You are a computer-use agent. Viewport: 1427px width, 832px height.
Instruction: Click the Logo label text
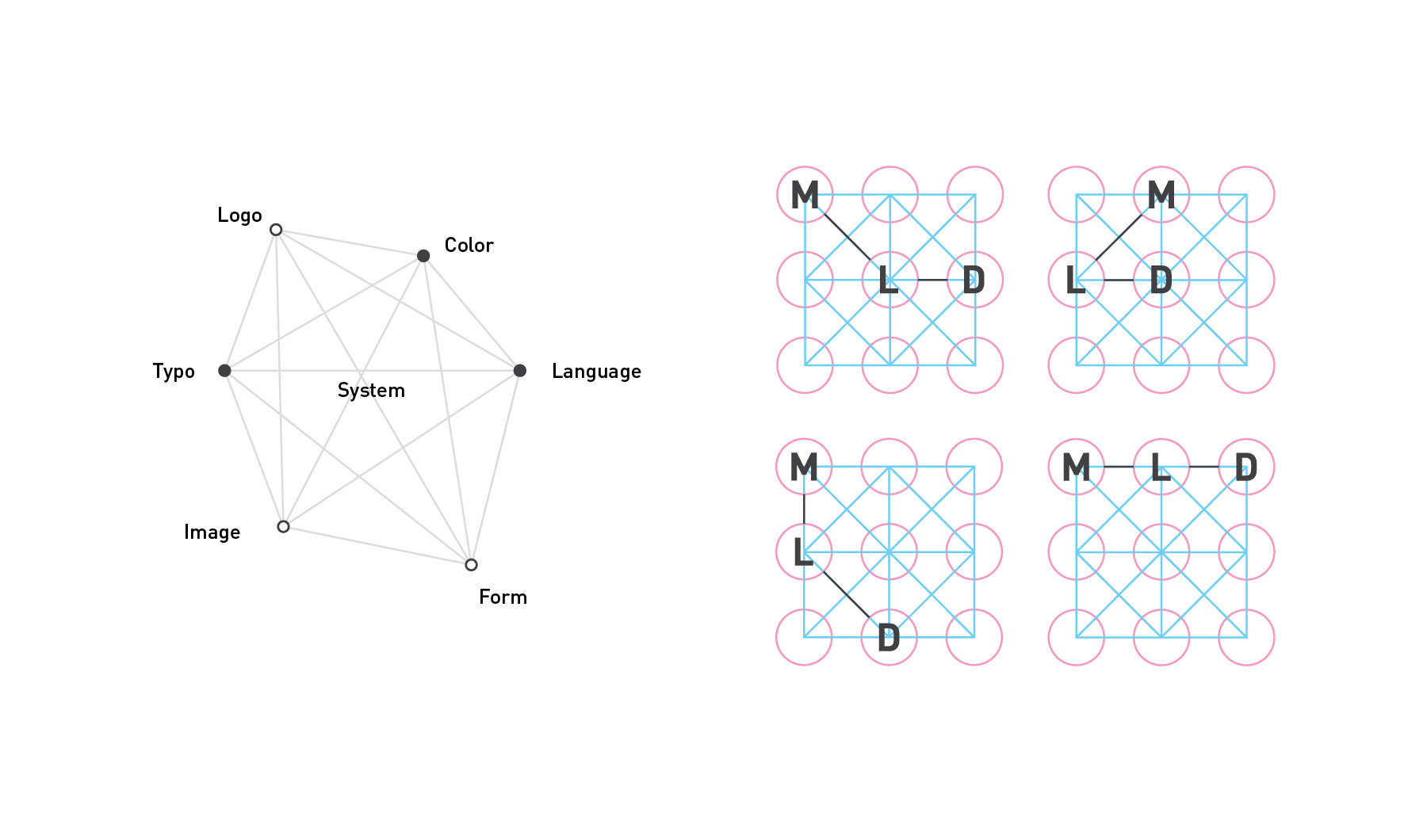click(239, 216)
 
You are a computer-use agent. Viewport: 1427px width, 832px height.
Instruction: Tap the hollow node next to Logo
click(276, 230)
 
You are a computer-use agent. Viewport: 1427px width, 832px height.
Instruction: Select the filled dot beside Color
click(423, 255)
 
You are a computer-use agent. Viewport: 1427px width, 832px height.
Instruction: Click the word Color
click(469, 246)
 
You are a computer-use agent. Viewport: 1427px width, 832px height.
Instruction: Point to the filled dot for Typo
click(224, 370)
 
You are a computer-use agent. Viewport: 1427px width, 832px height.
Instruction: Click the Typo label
click(174, 372)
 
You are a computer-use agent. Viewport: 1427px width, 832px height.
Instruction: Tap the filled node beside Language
click(520, 370)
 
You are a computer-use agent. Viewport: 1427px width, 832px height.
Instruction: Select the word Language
click(596, 372)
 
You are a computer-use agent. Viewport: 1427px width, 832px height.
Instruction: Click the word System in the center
click(371, 391)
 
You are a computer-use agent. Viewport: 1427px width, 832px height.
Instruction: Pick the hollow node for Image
click(283, 526)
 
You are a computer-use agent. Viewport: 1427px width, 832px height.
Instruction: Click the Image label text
click(212, 532)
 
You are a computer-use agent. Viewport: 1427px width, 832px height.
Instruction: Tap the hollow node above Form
click(471, 564)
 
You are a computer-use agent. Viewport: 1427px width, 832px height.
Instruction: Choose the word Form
click(503, 597)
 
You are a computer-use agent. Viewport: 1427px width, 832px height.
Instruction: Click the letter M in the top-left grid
click(805, 195)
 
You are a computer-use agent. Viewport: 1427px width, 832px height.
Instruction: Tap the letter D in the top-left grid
click(974, 280)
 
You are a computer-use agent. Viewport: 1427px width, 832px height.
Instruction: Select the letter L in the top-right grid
click(1075, 281)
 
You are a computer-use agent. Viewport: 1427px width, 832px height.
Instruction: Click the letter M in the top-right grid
click(1161, 195)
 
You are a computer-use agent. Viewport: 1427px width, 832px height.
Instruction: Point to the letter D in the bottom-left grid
click(889, 638)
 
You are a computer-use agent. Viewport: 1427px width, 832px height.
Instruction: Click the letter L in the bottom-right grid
click(1161, 468)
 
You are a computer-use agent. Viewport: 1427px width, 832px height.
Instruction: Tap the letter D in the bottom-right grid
click(1246, 468)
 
